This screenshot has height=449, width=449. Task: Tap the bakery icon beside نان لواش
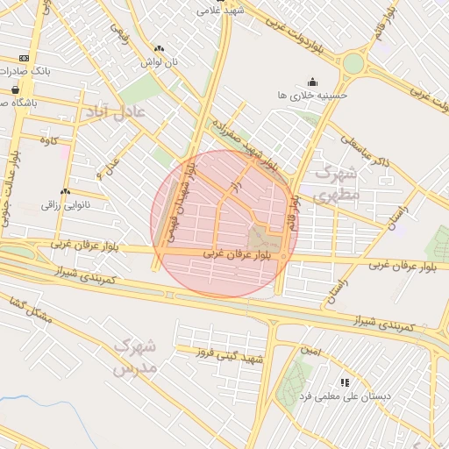(159, 49)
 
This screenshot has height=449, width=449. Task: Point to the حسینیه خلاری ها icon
(313, 82)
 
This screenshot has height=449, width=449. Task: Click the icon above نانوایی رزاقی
(66, 191)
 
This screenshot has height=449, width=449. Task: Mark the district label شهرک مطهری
(335, 182)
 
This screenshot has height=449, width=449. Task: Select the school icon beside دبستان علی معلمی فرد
(345, 382)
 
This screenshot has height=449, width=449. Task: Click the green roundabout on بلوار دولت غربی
(353, 64)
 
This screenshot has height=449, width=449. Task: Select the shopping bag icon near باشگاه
(16, 89)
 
